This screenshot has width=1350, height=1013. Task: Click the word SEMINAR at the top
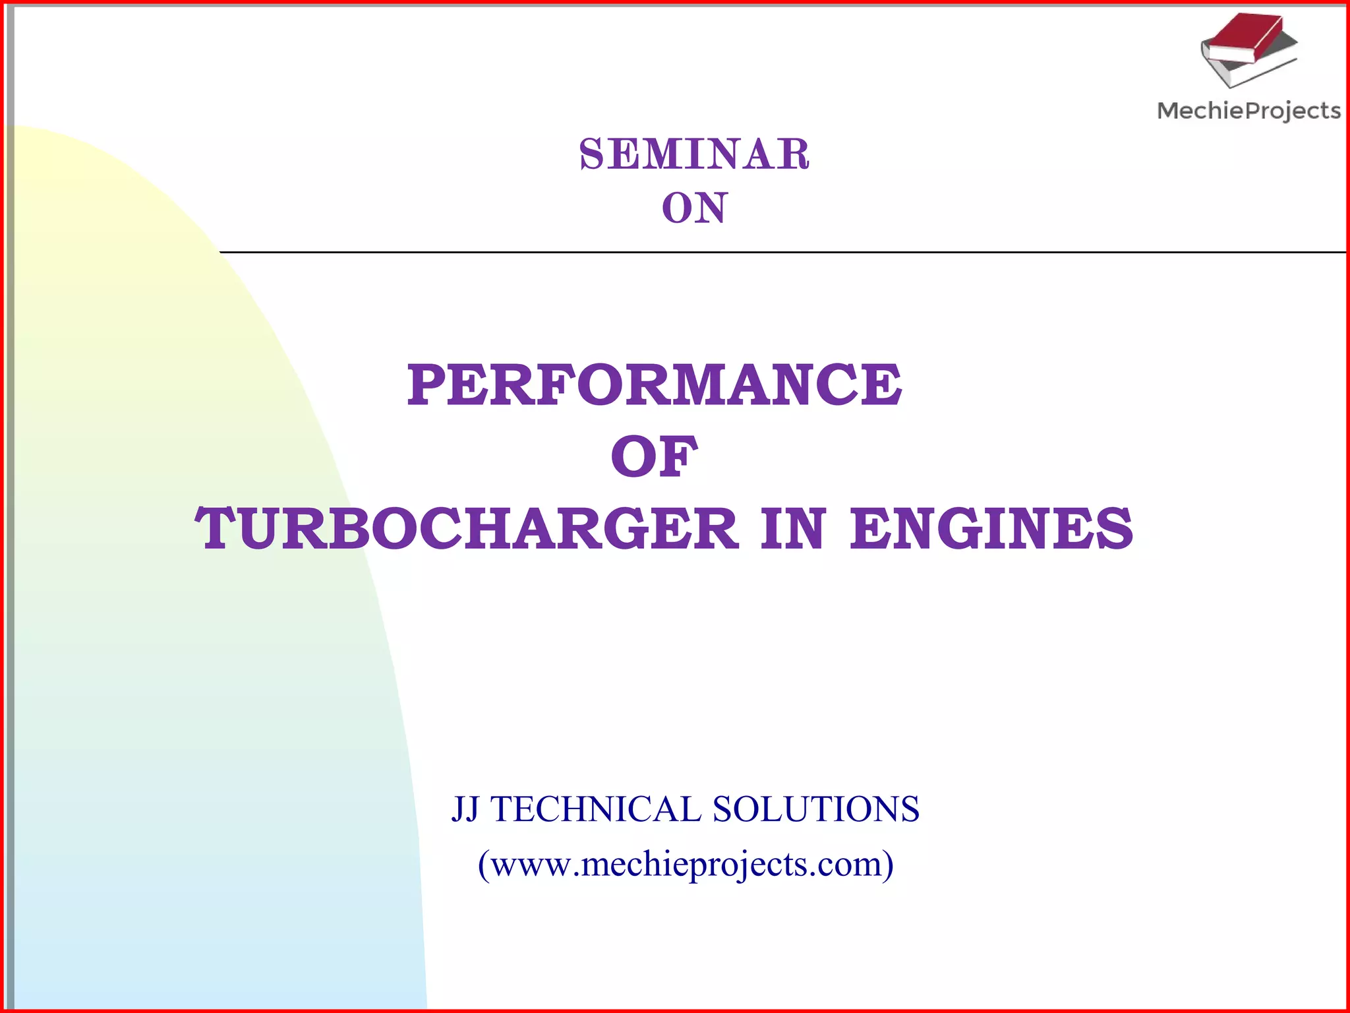pos(694,154)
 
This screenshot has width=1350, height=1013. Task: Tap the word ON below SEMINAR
pos(694,208)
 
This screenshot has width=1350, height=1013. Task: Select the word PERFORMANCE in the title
pos(654,385)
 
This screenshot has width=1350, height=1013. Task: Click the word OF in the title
pos(654,457)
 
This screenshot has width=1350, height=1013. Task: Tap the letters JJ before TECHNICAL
pos(465,809)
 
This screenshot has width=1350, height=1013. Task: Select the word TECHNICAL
pos(596,809)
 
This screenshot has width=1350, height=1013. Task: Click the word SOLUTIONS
pos(815,809)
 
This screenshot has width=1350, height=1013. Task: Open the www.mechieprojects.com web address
pos(686,864)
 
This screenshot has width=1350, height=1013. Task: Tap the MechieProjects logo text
pos(1248,111)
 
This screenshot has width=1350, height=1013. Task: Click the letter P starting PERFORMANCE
pos(427,385)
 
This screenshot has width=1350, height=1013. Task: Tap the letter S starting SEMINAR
pos(591,154)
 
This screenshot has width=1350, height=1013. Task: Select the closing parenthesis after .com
pos(888,865)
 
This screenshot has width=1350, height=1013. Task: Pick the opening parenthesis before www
pos(484,865)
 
